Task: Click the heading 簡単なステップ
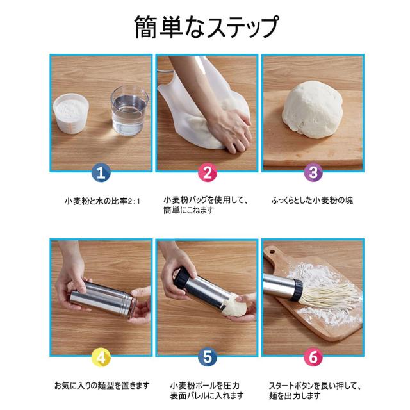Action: point(206,27)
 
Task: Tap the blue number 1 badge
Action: point(101,172)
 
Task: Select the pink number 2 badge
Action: point(208,172)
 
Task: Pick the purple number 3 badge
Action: point(313,172)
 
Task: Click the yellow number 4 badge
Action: point(101,357)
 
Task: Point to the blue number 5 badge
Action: point(208,357)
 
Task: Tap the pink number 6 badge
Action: point(313,357)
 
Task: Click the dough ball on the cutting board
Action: point(313,109)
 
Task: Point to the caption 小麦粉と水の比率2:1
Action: point(102,201)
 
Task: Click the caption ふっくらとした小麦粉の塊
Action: point(312,201)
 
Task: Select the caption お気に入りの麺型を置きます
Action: point(102,386)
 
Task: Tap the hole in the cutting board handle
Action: point(272,252)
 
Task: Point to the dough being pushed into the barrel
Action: point(234,305)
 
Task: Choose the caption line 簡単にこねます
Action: point(188,210)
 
